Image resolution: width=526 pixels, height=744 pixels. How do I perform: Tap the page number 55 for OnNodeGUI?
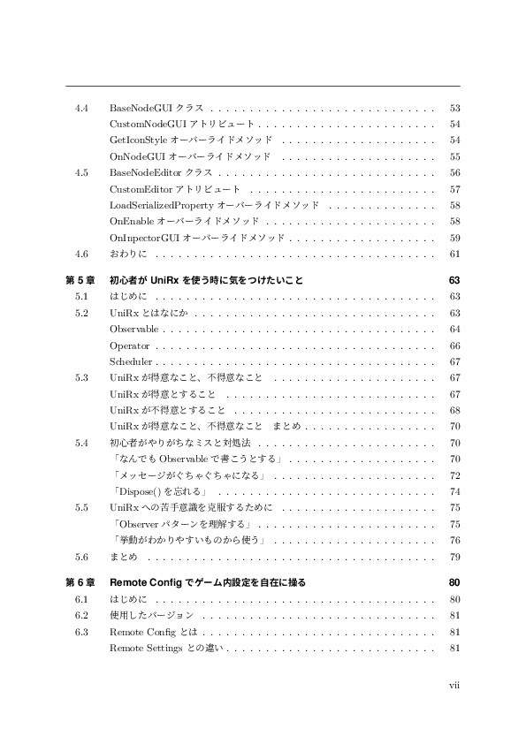pyautogui.click(x=454, y=156)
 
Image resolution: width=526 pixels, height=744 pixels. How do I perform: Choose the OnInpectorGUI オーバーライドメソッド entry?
pyautogui.click(x=195, y=238)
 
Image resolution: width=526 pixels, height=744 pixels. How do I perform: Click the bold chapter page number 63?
pyautogui.click(x=454, y=280)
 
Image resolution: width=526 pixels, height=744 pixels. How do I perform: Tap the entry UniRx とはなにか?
pyautogui.click(x=148, y=313)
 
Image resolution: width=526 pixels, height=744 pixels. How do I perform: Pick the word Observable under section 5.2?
pyautogui.click(x=133, y=329)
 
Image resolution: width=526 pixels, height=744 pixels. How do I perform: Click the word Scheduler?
pyautogui.click(x=132, y=361)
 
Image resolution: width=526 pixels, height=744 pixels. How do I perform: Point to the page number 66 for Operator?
pyautogui.click(x=454, y=345)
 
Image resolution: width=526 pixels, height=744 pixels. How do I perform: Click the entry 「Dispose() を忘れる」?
pyautogui.click(x=158, y=491)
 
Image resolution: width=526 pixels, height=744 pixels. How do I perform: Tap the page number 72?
pyautogui.click(x=454, y=475)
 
